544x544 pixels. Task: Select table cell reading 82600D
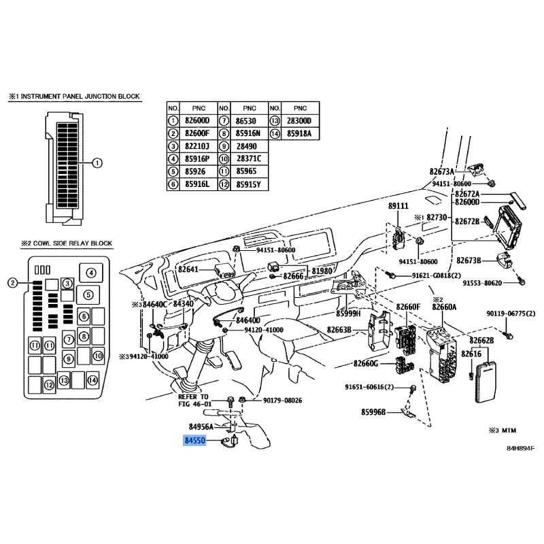coord(198,120)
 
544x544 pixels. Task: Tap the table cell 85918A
coord(299,133)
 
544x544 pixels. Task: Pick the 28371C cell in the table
coord(248,158)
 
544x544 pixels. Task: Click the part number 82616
coord(471,354)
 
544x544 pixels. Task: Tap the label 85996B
coord(374,412)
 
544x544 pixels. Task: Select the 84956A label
coord(201,426)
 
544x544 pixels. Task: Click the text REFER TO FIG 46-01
coord(195,400)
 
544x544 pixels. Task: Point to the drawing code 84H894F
coord(520,449)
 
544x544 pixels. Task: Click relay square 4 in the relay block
coord(86,273)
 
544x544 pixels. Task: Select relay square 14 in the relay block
coord(92,380)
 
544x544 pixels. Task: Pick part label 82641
coord(188,269)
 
